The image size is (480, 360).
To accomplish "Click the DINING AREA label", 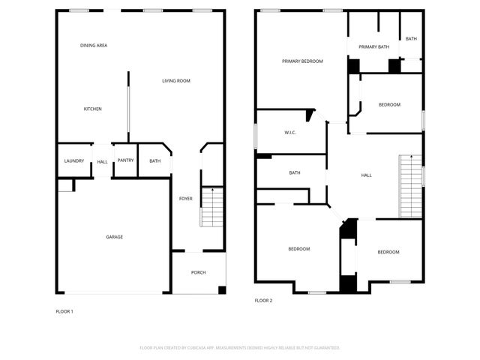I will pyautogui.click(x=94, y=46).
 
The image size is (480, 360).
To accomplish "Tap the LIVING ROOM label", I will pyautogui.click(x=176, y=80).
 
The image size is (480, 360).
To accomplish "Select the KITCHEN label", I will pyautogui.click(x=92, y=109).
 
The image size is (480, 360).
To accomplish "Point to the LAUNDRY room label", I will pyautogui.click(x=73, y=160).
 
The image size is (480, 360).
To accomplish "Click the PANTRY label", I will pyautogui.click(x=125, y=160).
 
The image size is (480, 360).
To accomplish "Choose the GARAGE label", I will pyautogui.click(x=114, y=237).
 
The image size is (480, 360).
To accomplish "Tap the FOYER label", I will pyautogui.click(x=185, y=199).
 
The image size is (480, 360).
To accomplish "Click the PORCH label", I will pyautogui.click(x=198, y=272).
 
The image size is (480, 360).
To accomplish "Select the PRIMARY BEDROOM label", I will pyautogui.click(x=302, y=61).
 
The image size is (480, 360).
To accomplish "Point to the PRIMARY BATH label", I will pyautogui.click(x=373, y=47).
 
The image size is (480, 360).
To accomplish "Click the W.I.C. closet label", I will pyautogui.click(x=290, y=133).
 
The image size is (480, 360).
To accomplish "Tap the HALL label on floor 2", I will pyautogui.click(x=366, y=175).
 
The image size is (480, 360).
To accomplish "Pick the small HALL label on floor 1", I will pyautogui.click(x=102, y=161).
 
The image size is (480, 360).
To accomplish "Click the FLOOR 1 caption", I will pyautogui.click(x=64, y=310).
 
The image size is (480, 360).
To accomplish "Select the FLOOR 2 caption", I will pyautogui.click(x=263, y=300).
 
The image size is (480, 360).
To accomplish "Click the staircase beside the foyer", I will pyautogui.click(x=212, y=207).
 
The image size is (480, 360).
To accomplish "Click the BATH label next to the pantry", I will pyautogui.click(x=154, y=160).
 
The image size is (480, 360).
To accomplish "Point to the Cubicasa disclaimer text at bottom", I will pyautogui.click(x=240, y=348).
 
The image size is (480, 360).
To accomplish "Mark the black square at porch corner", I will pyautogui.click(x=221, y=290).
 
